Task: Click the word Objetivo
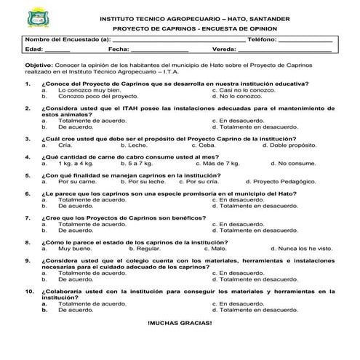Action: tap(38, 66)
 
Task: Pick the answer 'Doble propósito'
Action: tap(293, 145)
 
